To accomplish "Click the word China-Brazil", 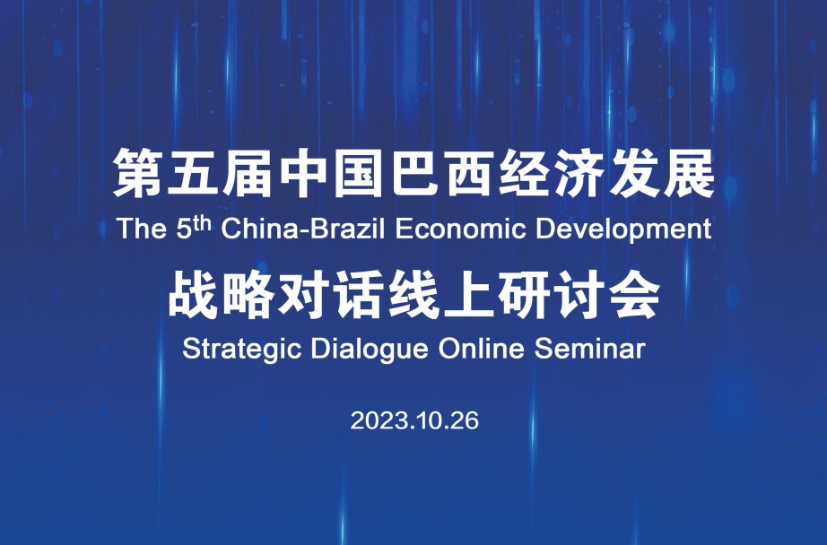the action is [x=304, y=229].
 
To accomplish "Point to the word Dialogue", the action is [x=370, y=350].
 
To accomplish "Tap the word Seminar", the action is [x=590, y=349].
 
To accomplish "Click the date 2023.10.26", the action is [x=414, y=420].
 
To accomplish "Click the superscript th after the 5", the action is [x=203, y=223].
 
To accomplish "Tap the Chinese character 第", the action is [x=139, y=173].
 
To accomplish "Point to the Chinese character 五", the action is [x=194, y=173].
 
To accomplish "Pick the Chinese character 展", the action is [x=690, y=173].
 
